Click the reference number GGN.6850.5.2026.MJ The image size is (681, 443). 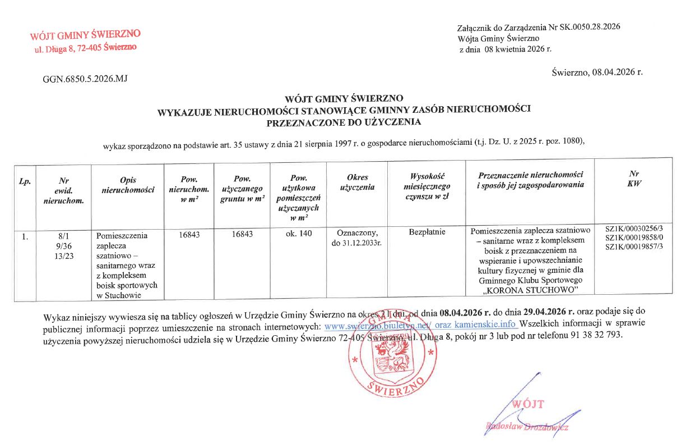pos(85,78)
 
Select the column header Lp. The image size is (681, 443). pos(25,181)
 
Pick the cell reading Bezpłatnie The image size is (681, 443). pos(428,231)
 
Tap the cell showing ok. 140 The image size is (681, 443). pos(298,232)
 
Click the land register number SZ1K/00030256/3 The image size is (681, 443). pos(634,229)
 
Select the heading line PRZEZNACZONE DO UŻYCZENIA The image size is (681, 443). pos(344,121)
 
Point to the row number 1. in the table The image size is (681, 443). pos(25,236)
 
